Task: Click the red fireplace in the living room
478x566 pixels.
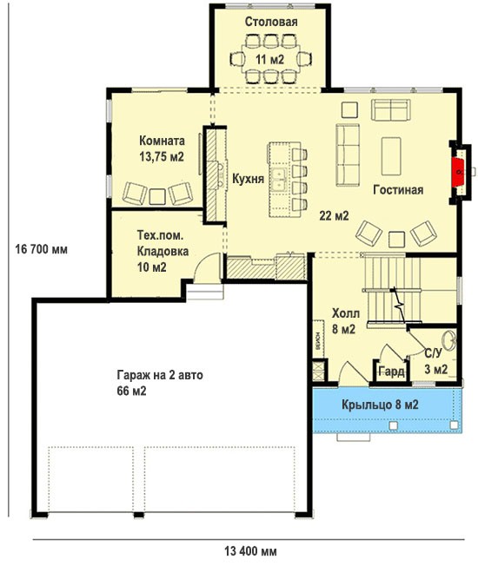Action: pos(459,172)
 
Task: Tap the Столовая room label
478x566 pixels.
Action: pos(271,22)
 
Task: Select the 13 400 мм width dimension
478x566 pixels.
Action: pos(251,551)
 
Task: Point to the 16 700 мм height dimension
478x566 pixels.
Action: pos(41,249)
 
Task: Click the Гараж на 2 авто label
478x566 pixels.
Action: pos(160,375)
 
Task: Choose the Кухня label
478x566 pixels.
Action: pos(248,179)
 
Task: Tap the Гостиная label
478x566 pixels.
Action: pos(398,190)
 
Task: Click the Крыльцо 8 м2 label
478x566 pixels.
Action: pos(380,405)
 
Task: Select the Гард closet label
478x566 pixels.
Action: pos(391,371)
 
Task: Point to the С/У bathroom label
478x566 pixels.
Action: pos(433,353)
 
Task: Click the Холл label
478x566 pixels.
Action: pos(346,313)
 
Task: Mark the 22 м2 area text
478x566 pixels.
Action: pos(334,215)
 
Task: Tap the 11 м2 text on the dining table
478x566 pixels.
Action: pos(270,59)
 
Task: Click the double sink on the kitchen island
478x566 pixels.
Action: pos(279,180)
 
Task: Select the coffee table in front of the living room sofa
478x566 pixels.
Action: pos(391,156)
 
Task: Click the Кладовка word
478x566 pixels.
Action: pos(163,251)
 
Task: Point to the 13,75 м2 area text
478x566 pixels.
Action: pos(162,156)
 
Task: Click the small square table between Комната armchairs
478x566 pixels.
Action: pos(157,197)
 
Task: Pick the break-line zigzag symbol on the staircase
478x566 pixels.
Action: pos(400,305)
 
